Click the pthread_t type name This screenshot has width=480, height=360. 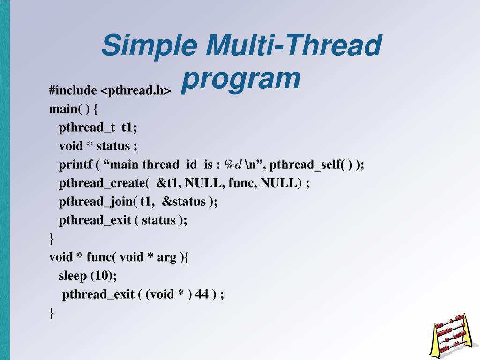click(87, 127)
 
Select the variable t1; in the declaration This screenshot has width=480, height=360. click(129, 127)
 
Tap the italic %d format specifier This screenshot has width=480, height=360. click(233, 165)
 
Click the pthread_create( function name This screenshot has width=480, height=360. click(104, 183)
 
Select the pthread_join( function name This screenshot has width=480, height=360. click(98, 202)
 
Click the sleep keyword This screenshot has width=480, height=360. click(73, 276)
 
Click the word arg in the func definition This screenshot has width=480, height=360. click(167, 257)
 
